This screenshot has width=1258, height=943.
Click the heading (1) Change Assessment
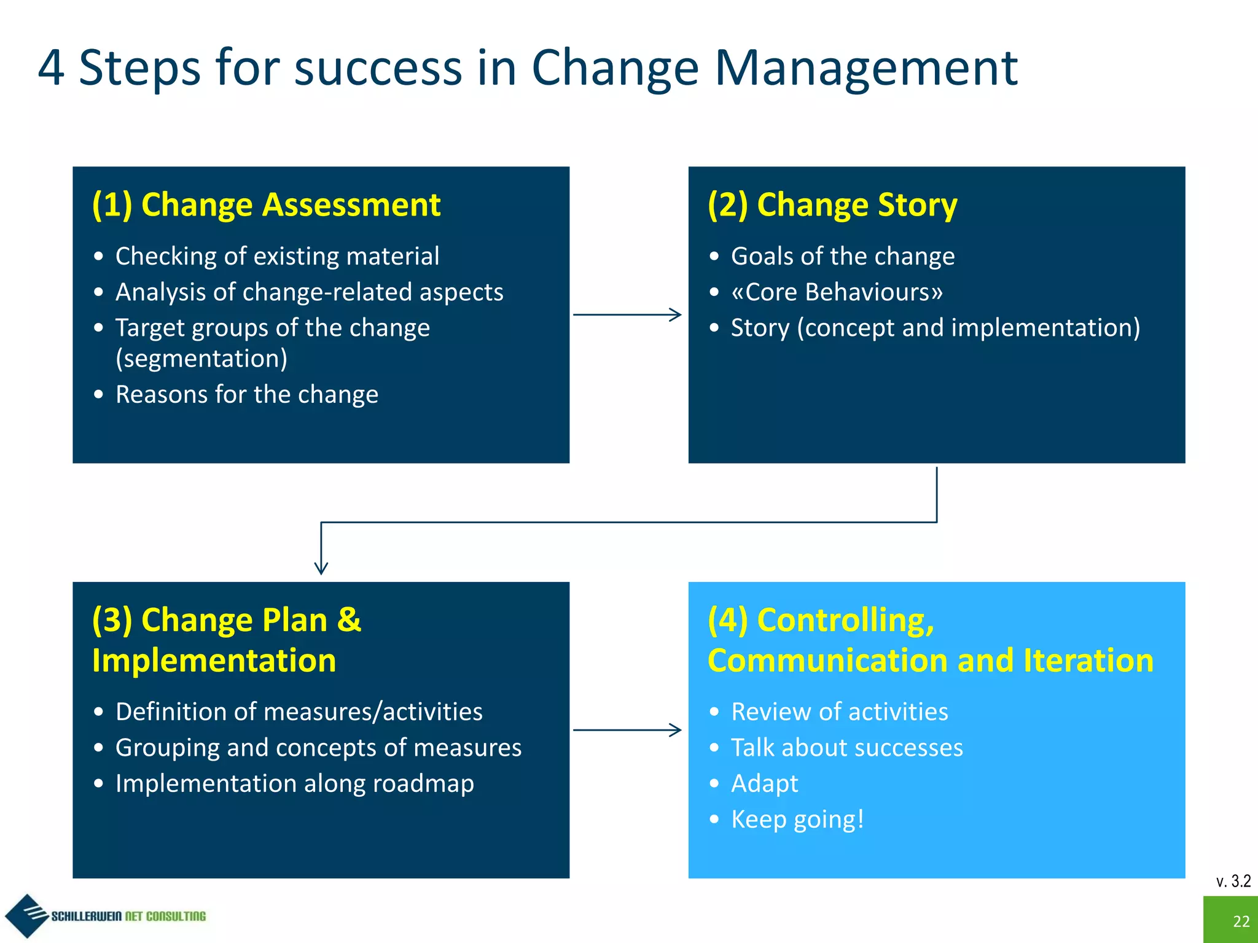(x=266, y=204)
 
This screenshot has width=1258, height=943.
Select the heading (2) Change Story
(x=832, y=204)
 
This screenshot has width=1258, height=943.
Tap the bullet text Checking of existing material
(x=277, y=256)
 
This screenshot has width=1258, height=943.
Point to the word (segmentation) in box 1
(x=201, y=359)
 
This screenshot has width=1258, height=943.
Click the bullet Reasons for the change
(x=246, y=394)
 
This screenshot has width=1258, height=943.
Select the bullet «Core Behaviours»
(x=837, y=292)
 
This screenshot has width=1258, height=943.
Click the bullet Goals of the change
(x=843, y=256)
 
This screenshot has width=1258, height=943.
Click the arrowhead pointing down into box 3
(x=321, y=568)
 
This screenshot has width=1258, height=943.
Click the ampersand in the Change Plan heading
(x=349, y=619)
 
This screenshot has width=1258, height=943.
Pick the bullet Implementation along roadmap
(x=294, y=783)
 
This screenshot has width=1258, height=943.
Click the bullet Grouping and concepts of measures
(x=318, y=748)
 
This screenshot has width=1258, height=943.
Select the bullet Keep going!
(x=797, y=820)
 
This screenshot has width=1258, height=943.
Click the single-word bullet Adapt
(x=764, y=783)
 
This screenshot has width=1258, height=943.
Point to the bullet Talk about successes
(x=846, y=748)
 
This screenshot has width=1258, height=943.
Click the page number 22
(x=1241, y=921)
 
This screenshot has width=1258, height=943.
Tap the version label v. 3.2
(x=1233, y=881)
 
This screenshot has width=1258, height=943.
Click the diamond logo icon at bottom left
(x=26, y=915)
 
